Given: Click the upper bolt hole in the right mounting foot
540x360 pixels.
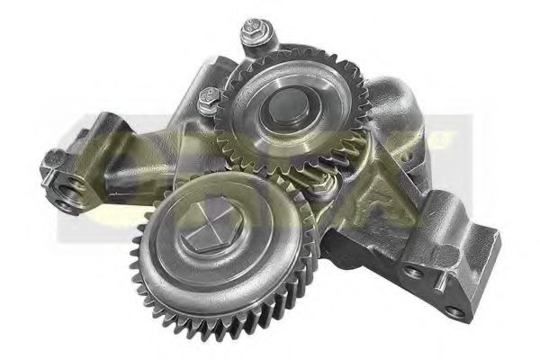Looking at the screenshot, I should [x=413, y=271].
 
